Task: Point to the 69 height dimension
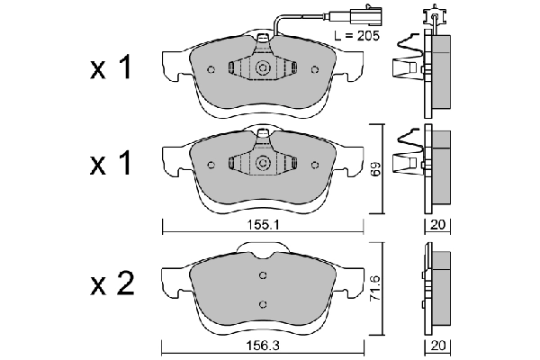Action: tap(377, 168)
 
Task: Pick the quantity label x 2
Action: tap(112, 285)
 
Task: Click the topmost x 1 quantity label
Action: tap(112, 70)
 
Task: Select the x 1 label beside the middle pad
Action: tap(112, 164)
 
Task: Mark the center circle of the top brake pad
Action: tap(263, 69)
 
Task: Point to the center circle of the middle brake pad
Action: tap(263, 163)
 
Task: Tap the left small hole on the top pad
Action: tap(211, 70)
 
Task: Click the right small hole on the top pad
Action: tap(315, 70)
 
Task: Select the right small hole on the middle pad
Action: tap(315, 164)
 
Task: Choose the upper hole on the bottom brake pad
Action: tap(263, 275)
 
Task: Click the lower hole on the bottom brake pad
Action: tap(263, 303)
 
